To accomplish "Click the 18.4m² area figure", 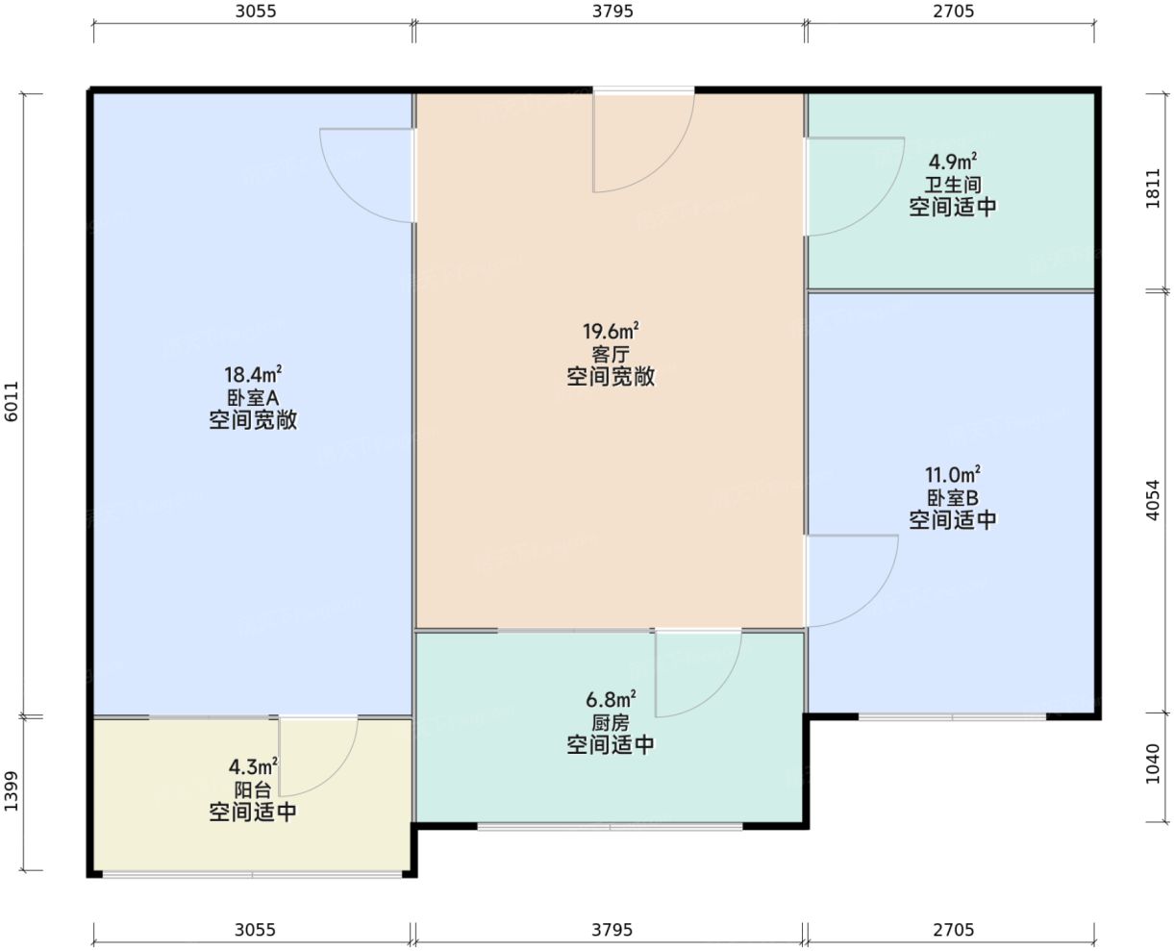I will coord(253,374).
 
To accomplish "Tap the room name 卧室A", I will coord(253,397).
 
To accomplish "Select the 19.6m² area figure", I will coord(611,332).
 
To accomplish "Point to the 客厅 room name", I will coord(611,354).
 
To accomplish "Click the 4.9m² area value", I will coord(953,162).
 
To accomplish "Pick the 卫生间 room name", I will coord(953,185).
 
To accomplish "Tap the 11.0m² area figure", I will coord(953,475).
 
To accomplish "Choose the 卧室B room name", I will coord(953,498).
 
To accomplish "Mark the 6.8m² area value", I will coord(611,699).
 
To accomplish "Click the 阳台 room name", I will coord(253,789).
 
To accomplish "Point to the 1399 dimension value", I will coord(12,793).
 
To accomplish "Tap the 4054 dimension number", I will coord(1154,501).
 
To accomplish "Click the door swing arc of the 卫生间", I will coord(880,207).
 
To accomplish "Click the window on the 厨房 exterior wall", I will coord(610,826).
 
